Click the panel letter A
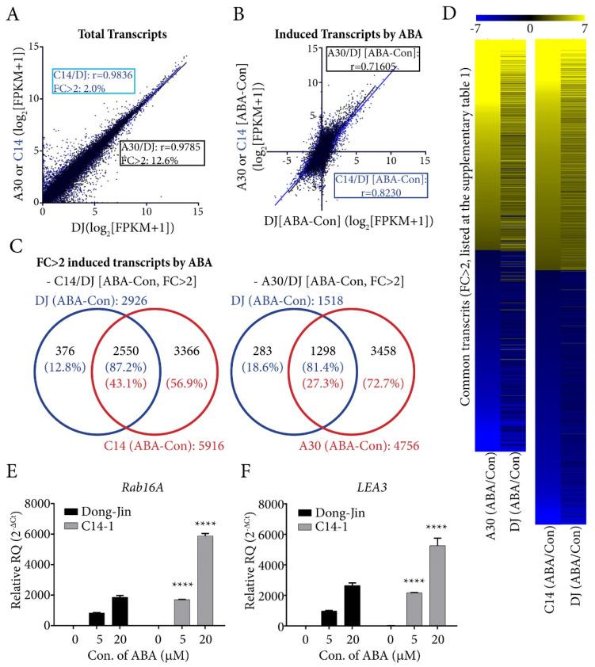[11, 11]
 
